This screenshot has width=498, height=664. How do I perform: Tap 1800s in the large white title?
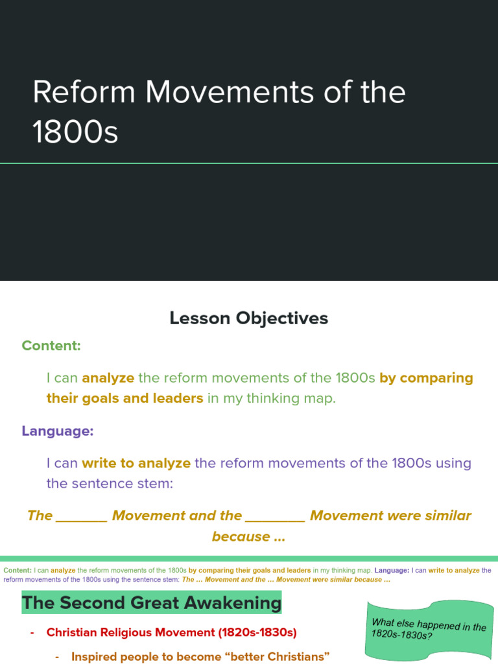75,132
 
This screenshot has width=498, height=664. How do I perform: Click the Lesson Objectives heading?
249,318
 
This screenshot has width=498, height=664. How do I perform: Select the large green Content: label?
51,346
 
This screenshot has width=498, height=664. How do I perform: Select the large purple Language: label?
58,431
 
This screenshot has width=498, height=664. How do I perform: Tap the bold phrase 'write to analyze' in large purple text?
136,463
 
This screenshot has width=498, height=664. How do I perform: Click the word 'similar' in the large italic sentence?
448,516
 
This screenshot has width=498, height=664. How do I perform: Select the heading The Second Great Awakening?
152,603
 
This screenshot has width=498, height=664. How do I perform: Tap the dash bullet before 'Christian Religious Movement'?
32,632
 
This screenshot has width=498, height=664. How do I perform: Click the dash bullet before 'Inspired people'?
58,657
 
